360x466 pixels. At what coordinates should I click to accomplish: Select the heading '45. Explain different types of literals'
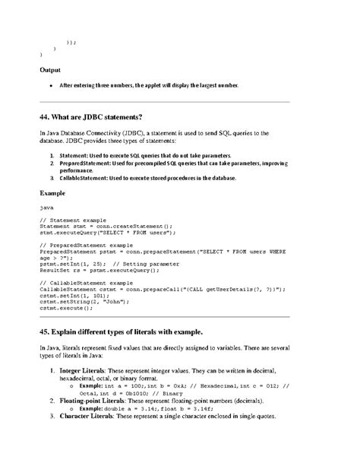click(x=121, y=332)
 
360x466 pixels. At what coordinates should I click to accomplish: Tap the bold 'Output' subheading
click(x=51, y=70)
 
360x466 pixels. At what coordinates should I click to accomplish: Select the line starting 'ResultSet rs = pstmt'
click(x=99, y=270)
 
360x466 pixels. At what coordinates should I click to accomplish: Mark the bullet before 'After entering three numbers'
click(x=51, y=85)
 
